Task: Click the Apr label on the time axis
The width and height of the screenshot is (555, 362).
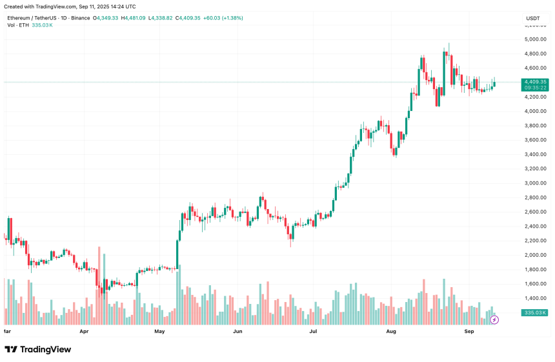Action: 84,330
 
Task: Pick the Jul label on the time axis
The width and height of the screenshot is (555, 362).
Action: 314,330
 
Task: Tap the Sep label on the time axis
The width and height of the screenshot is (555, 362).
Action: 470,330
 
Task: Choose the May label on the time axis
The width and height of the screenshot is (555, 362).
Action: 160,330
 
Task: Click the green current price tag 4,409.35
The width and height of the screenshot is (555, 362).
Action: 536,82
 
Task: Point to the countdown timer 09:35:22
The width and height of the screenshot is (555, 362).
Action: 536,88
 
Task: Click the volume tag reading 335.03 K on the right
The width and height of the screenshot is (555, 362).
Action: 536,312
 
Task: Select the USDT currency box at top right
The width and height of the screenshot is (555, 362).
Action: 533,18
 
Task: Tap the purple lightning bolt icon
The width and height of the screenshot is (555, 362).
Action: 494,319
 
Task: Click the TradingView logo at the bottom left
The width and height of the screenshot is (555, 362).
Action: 38,349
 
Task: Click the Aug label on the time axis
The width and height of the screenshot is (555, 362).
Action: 391,330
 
